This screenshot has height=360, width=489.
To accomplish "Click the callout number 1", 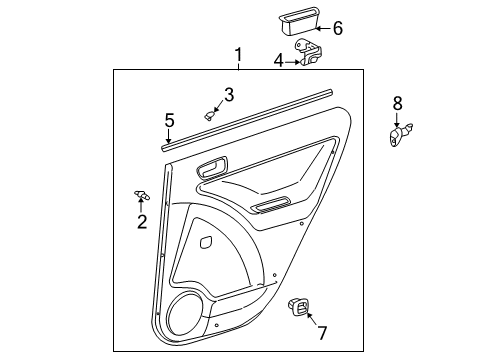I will [238, 54].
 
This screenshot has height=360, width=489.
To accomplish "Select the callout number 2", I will [141, 221].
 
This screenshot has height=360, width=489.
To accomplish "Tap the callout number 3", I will [228, 95].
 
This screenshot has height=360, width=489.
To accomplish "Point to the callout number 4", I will [278, 61].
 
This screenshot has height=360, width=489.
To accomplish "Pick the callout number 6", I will [337, 28].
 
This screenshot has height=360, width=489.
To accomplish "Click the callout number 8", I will [397, 102].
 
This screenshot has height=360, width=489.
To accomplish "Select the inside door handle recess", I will [212, 168].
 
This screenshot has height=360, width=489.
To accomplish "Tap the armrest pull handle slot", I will [270, 207].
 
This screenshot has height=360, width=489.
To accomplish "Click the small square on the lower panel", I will [206, 241].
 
